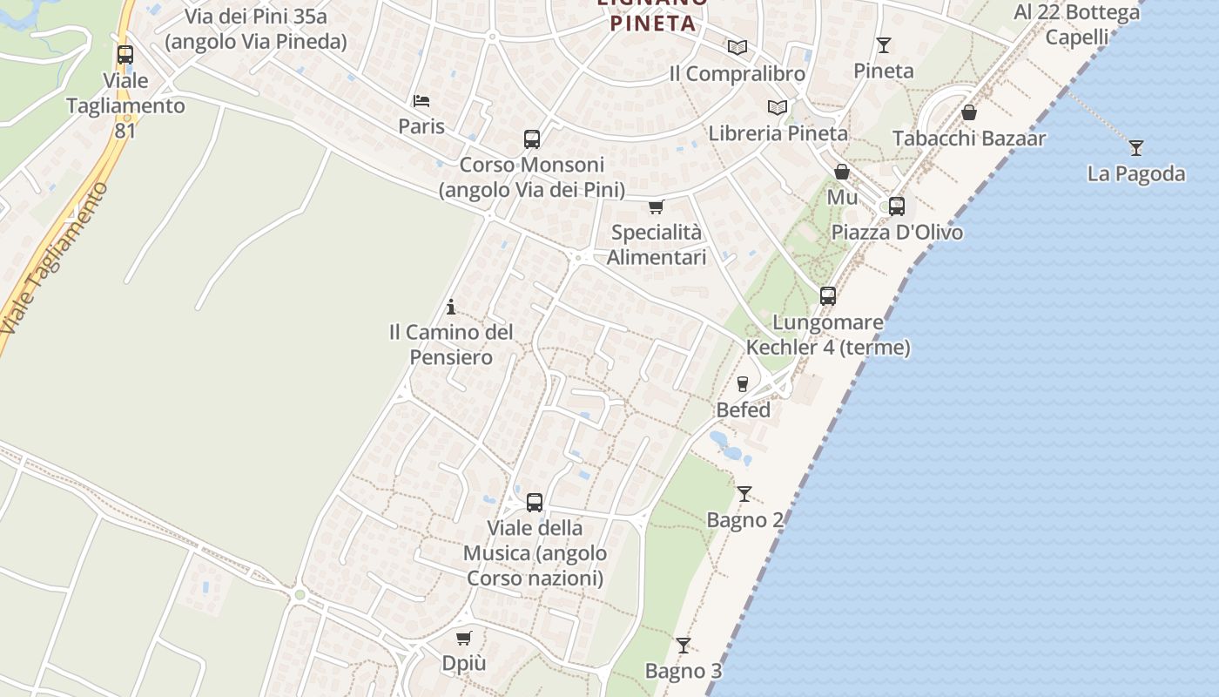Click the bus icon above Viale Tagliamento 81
coord(125,55)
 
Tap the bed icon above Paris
coord(421,101)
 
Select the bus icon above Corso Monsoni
coord(532,139)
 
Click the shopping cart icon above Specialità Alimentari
coord(656,207)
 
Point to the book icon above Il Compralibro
coord(737,48)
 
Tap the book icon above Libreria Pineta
coord(778,107)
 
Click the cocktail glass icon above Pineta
coord(884,45)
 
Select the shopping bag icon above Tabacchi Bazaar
coord(969,112)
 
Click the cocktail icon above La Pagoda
coord(1135,148)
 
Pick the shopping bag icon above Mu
coord(842,172)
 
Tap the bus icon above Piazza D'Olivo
coord(897,206)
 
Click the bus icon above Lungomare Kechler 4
coord(828,296)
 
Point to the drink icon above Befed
coord(743,384)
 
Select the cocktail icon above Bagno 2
coord(744,494)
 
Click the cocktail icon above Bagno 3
coord(684,646)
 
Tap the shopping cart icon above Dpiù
coord(464,638)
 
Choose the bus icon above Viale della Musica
coord(535,503)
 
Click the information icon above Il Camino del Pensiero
coord(451,307)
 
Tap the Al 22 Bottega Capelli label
coord(1077,24)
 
